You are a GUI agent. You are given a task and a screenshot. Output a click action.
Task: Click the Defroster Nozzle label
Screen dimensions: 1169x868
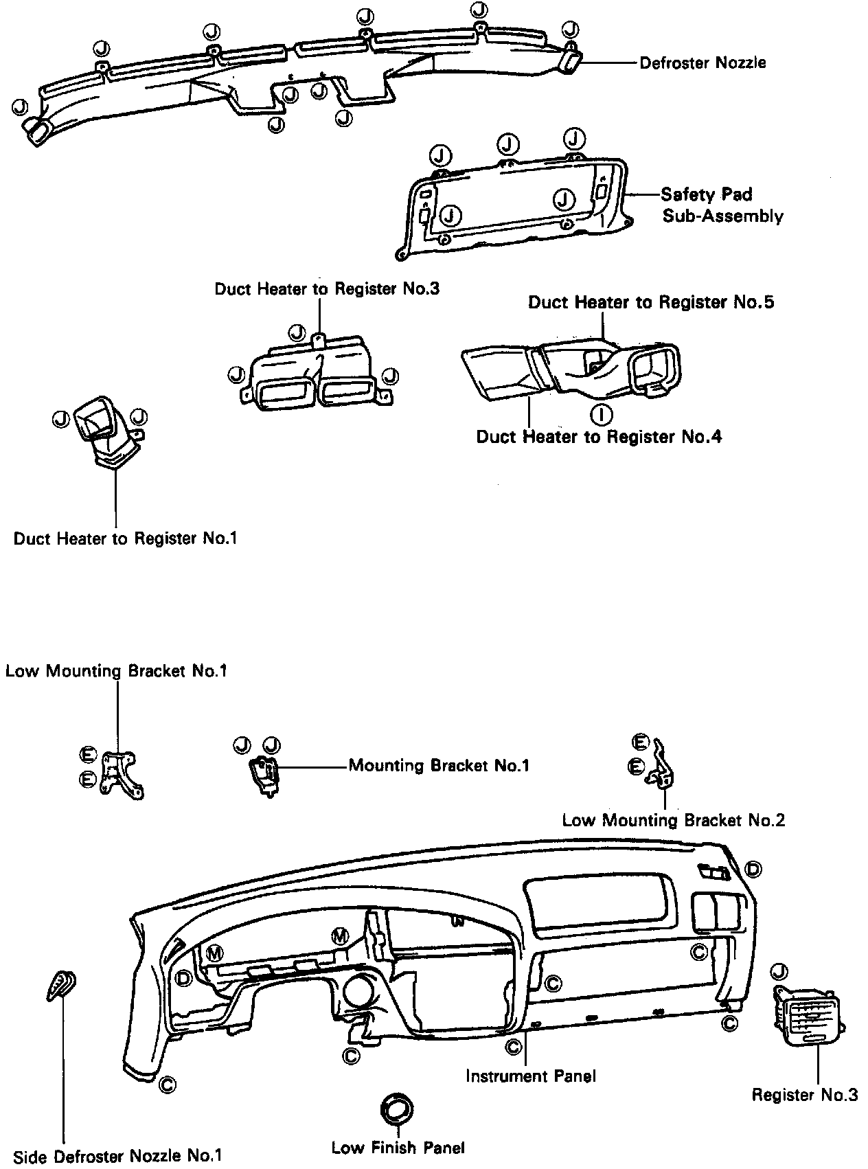pyautogui.click(x=703, y=63)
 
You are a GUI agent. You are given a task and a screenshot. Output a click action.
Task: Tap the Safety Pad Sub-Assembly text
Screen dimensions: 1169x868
pyautogui.click(x=721, y=205)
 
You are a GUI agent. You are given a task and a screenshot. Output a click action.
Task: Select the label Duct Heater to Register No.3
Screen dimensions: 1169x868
pyautogui.click(x=327, y=288)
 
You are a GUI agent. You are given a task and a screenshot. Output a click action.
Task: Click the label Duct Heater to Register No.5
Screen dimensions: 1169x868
pyautogui.click(x=651, y=302)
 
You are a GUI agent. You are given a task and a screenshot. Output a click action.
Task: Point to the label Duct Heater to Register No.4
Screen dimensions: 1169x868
pyautogui.click(x=599, y=437)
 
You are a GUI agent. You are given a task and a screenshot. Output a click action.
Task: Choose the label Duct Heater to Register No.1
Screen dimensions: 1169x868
pyautogui.click(x=126, y=538)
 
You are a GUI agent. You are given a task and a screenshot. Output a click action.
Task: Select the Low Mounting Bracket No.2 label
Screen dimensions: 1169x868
pyautogui.click(x=673, y=820)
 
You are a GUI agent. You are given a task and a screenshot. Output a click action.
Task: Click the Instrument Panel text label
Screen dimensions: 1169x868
pyautogui.click(x=530, y=1076)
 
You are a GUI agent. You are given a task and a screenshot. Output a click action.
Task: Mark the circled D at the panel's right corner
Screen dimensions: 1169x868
pyautogui.click(x=753, y=869)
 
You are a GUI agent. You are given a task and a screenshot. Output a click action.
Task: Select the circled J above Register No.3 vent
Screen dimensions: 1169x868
pyautogui.click(x=779, y=971)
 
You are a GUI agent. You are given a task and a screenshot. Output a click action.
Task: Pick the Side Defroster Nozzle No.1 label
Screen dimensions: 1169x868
pyautogui.click(x=117, y=1156)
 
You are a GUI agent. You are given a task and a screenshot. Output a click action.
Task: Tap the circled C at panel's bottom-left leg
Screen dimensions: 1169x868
pyautogui.click(x=166, y=1085)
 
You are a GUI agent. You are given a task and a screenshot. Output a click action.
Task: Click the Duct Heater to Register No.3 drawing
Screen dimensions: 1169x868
pyautogui.click(x=315, y=374)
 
